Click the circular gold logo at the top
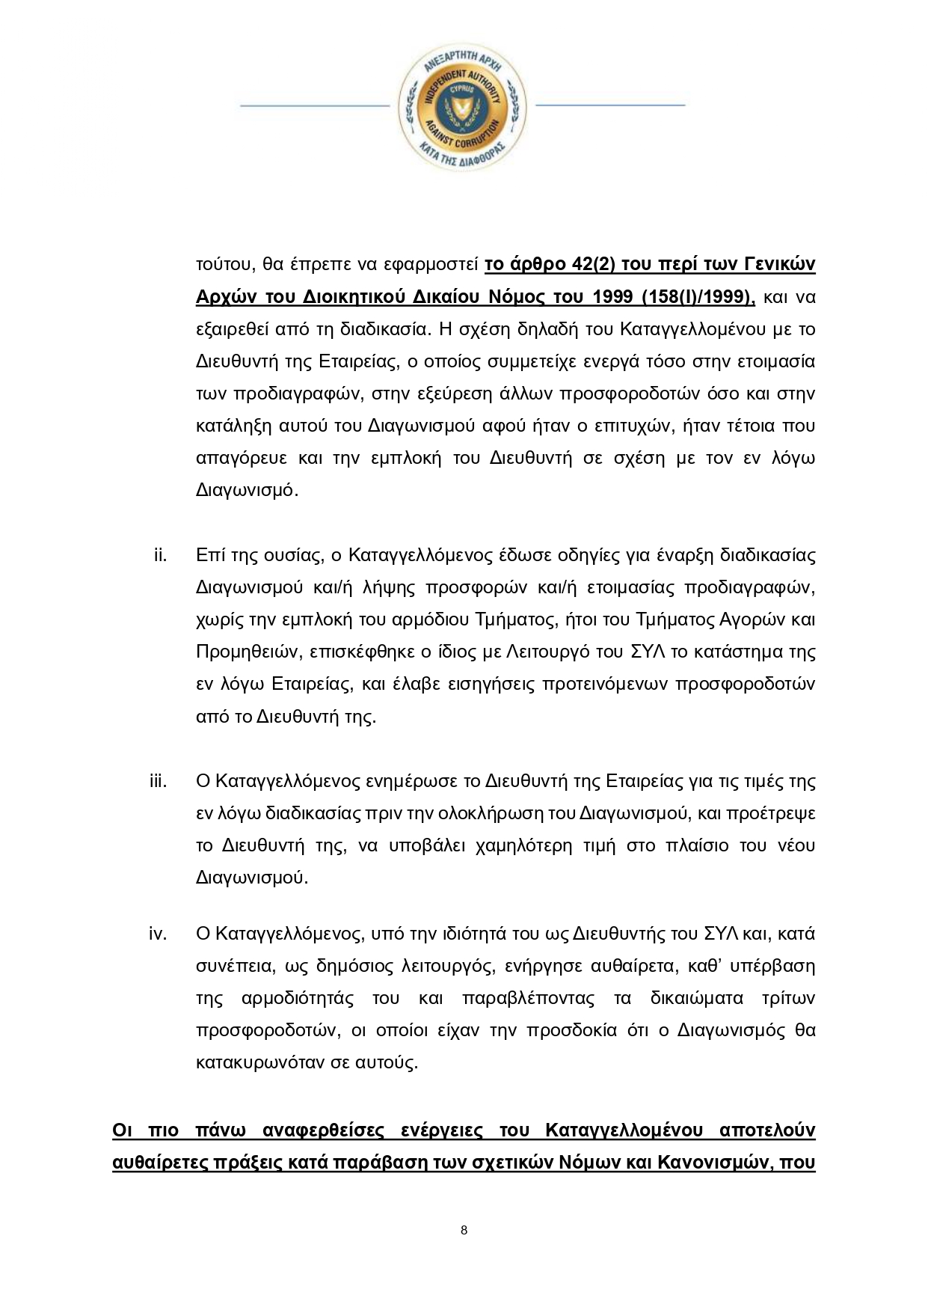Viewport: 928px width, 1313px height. tap(463, 105)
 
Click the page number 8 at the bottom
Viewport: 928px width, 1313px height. tap(464, 1230)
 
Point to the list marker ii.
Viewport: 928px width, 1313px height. tap(159, 555)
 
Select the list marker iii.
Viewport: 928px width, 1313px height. tap(158, 781)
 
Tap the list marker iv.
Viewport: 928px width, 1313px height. tap(157, 933)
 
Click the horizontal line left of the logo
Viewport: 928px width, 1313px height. tap(315, 105)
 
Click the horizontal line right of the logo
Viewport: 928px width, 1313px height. tap(609, 105)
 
